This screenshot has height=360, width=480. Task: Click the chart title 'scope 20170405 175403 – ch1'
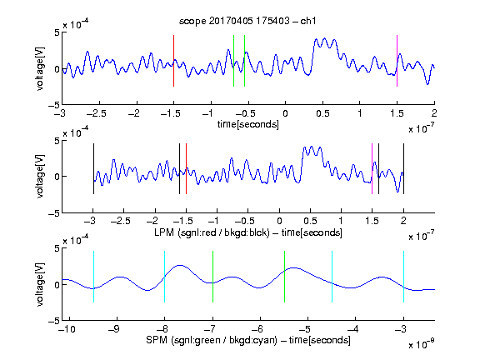247,21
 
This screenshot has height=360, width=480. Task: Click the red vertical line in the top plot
173,61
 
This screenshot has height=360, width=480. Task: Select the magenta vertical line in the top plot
397,61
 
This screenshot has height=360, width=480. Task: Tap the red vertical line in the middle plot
186,168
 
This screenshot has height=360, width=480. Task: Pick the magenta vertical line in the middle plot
372,168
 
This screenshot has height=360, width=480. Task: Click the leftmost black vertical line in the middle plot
93,168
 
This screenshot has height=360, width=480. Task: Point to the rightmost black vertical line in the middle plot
403,168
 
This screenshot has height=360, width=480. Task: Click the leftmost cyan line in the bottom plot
93,277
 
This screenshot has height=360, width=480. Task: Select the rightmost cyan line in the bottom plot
403,277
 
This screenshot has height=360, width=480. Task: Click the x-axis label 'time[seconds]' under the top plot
248,125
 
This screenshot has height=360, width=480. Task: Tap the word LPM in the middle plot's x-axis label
164,232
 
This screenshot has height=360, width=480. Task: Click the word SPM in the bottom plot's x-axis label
157,340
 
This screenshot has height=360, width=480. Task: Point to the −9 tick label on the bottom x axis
114,329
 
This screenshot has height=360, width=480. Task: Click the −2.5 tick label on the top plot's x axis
96,113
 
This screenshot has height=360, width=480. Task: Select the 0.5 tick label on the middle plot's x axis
310,221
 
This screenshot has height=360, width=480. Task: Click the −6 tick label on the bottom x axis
257,329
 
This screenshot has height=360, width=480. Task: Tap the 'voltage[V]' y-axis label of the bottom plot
40,284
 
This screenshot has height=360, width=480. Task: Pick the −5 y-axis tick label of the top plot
54,105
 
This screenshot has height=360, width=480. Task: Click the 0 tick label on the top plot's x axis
285,113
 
